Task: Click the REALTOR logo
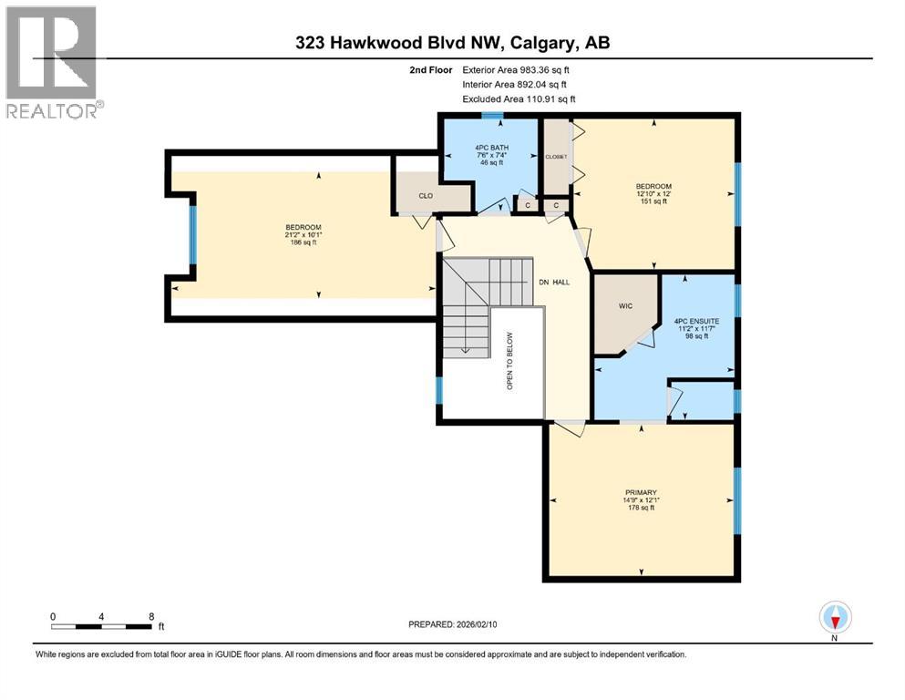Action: tap(52, 62)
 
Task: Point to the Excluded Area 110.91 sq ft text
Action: tap(519, 98)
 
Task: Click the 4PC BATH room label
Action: tap(492, 147)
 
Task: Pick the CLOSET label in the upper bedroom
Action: tap(556, 157)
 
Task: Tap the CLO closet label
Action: tap(425, 195)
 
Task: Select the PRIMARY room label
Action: tap(641, 492)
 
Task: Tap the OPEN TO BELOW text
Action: tap(509, 361)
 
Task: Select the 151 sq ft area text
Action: tap(653, 201)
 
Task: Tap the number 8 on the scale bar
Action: tap(150, 616)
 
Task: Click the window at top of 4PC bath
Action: tap(492, 116)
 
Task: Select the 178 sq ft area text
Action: tap(641, 508)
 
